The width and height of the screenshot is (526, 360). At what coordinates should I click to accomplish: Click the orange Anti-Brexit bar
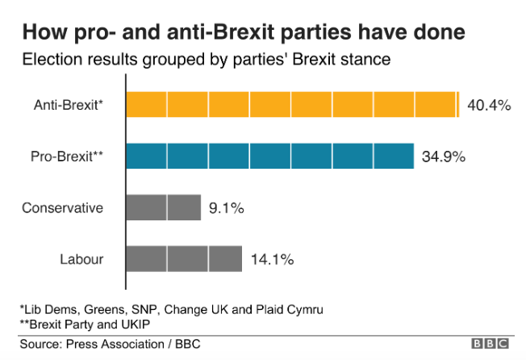[x=292, y=105]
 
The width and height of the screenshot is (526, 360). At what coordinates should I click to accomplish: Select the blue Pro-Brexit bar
[x=269, y=156]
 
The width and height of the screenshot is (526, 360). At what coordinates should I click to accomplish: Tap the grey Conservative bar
[x=163, y=207]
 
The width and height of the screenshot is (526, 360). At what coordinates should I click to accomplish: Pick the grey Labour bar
[x=184, y=258]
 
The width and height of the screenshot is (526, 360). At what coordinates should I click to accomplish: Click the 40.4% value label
[x=489, y=106]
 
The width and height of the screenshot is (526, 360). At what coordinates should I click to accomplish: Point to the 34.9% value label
[x=444, y=157]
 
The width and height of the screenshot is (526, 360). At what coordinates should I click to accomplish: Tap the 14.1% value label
[x=271, y=259]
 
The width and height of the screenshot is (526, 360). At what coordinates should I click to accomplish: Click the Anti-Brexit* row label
[x=69, y=105]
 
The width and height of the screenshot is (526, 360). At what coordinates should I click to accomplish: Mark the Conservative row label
[x=63, y=207]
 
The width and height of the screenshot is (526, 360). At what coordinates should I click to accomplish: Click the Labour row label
[x=81, y=259]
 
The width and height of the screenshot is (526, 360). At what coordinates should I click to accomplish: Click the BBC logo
[x=491, y=345]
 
